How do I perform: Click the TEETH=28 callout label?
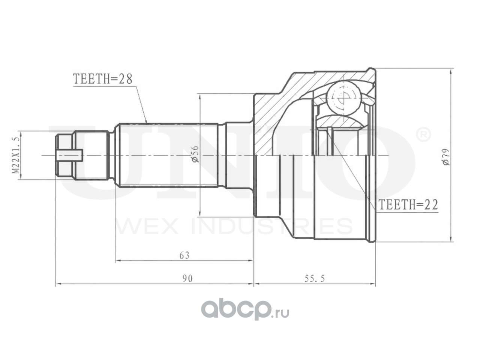click(103, 79)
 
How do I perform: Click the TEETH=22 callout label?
click(408, 205)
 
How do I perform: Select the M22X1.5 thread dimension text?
click(15, 155)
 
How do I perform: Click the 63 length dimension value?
click(184, 256)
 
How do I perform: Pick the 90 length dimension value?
click(187, 279)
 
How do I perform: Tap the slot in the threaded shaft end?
click(70, 155)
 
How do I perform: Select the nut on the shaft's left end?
click(65, 155)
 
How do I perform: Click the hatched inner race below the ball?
click(337, 122)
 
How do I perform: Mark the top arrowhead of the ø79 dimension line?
click(451, 71)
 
